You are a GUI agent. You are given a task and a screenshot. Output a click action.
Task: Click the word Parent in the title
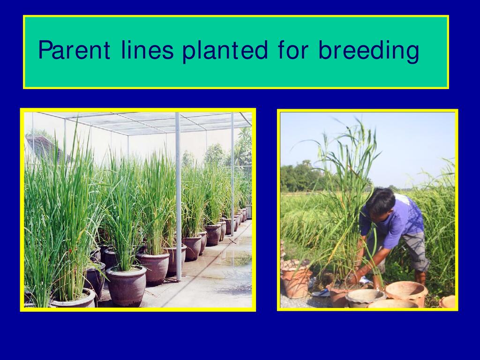click(x=74, y=50)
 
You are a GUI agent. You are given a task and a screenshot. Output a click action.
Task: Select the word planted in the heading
click(x=225, y=51)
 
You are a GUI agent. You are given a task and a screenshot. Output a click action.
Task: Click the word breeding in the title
click(x=368, y=51)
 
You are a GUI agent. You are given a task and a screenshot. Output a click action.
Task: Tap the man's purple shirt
click(x=395, y=220)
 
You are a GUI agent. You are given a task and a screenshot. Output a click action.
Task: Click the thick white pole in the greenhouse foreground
click(x=178, y=196)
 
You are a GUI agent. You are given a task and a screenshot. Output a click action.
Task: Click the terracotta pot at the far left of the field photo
click(x=295, y=278)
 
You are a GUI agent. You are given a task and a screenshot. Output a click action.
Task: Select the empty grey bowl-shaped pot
click(x=365, y=298)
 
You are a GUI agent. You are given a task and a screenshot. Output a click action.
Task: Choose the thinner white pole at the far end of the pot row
click(x=232, y=174)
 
